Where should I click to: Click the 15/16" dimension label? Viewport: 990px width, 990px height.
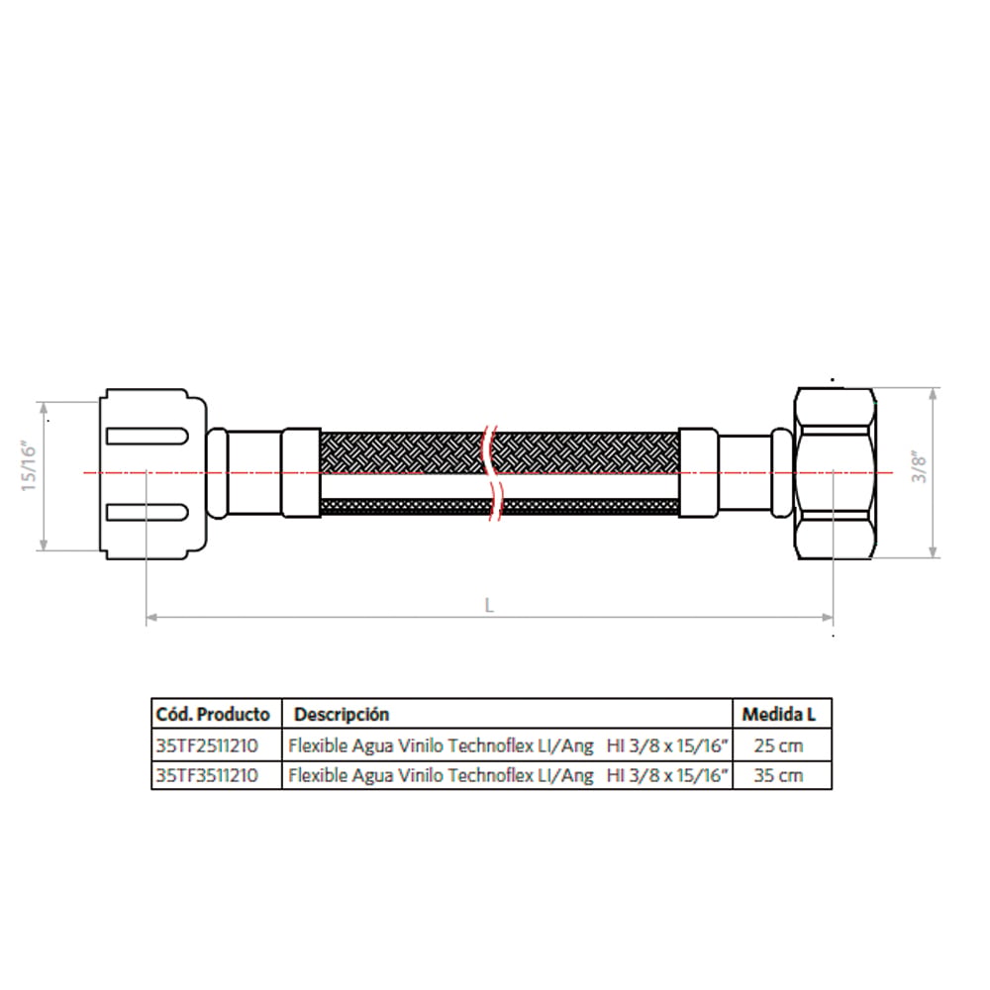pyautogui.click(x=29, y=467)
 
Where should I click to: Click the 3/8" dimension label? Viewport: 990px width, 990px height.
pyautogui.click(x=919, y=467)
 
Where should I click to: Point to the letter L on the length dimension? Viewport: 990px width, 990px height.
pyautogui.click(x=489, y=606)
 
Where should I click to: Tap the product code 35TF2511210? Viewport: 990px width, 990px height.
pyautogui.click(x=207, y=745)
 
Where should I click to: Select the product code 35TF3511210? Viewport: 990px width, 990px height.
pyautogui.click(x=207, y=775)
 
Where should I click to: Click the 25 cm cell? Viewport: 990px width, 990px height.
pyautogui.click(x=778, y=745)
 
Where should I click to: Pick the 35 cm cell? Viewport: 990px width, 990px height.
pyautogui.click(x=778, y=775)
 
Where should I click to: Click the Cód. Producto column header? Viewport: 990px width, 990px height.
pyautogui.click(x=213, y=714)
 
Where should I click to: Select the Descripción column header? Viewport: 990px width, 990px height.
pyautogui.click(x=342, y=715)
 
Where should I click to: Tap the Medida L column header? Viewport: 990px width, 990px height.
pyautogui.click(x=778, y=714)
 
